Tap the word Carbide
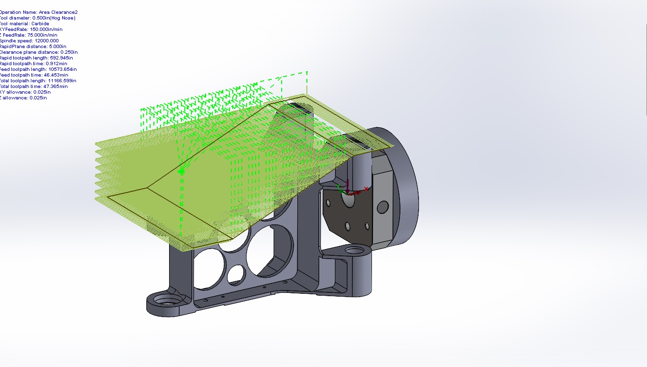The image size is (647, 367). pos(40,24)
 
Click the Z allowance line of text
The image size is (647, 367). pos(23,98)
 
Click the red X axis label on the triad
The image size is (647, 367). pos(366,189)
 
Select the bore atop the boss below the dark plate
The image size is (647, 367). pos(354,251)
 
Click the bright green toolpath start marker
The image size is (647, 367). pos(181,171)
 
